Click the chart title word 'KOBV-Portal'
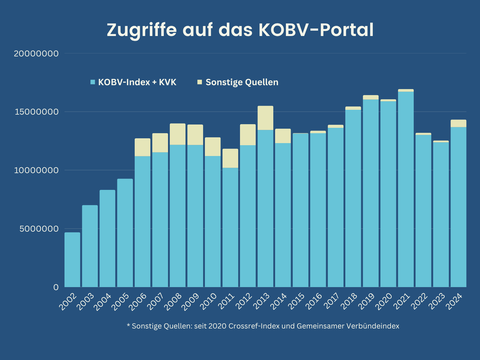click(x=316, y=30)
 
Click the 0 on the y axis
click(x=56, y=287)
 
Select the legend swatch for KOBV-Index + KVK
click(x=93, y=82)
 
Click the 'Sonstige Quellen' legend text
click(x=242, y=82)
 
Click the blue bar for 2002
click(x=72, y=260)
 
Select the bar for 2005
click(x=125, y=233)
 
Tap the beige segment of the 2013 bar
click(x=265, y=118)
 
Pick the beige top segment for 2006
click(x=142, y=147)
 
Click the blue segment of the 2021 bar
click(x=406, y=189)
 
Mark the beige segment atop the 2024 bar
click(x=458, y=123)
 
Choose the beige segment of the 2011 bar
click(x=230, y=158)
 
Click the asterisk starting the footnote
click(x=128, y=325)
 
